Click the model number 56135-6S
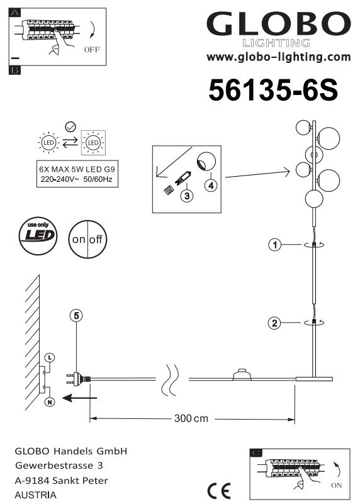coord(273,90)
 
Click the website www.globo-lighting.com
coord(279,57)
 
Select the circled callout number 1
coord(274,245)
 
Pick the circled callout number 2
coord(274,323)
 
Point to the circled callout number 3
coord(187,195)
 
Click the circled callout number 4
coord(211,185)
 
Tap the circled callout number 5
coord(76,316)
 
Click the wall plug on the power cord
coord(78,379)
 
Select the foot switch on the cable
coord(242,375)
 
